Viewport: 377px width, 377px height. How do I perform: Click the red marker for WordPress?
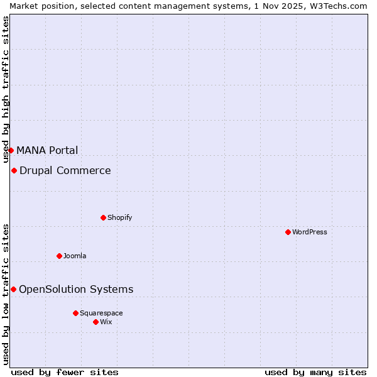click(288, 232)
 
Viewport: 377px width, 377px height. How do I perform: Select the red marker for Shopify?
click(103, 217)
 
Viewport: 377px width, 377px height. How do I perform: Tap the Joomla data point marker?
click(59, 256)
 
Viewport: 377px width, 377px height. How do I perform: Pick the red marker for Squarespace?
click(75, 313)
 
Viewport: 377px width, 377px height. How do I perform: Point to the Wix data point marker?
click(96, 322)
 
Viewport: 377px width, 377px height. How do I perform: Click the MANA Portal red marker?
click(11, 150)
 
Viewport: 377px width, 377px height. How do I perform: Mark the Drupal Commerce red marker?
click(14, 170)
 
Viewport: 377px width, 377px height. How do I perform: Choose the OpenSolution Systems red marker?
click(13, 289)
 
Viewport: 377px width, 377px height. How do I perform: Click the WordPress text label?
click(310, 232)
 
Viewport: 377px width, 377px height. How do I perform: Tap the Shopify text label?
click(119, 217)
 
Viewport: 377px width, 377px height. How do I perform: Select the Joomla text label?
click(75, 256)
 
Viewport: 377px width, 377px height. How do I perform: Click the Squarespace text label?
click(101, 313)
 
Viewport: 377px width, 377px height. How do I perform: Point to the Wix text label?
click(106, 322)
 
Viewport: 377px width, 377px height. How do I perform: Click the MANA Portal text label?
click(47, 150)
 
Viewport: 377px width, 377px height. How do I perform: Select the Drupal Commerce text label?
click(65, 170)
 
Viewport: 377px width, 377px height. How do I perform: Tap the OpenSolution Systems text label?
click(76, 289)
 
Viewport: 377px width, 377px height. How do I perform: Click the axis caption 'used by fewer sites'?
click(65, 372)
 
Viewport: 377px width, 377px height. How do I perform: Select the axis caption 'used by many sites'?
click(315, 372)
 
